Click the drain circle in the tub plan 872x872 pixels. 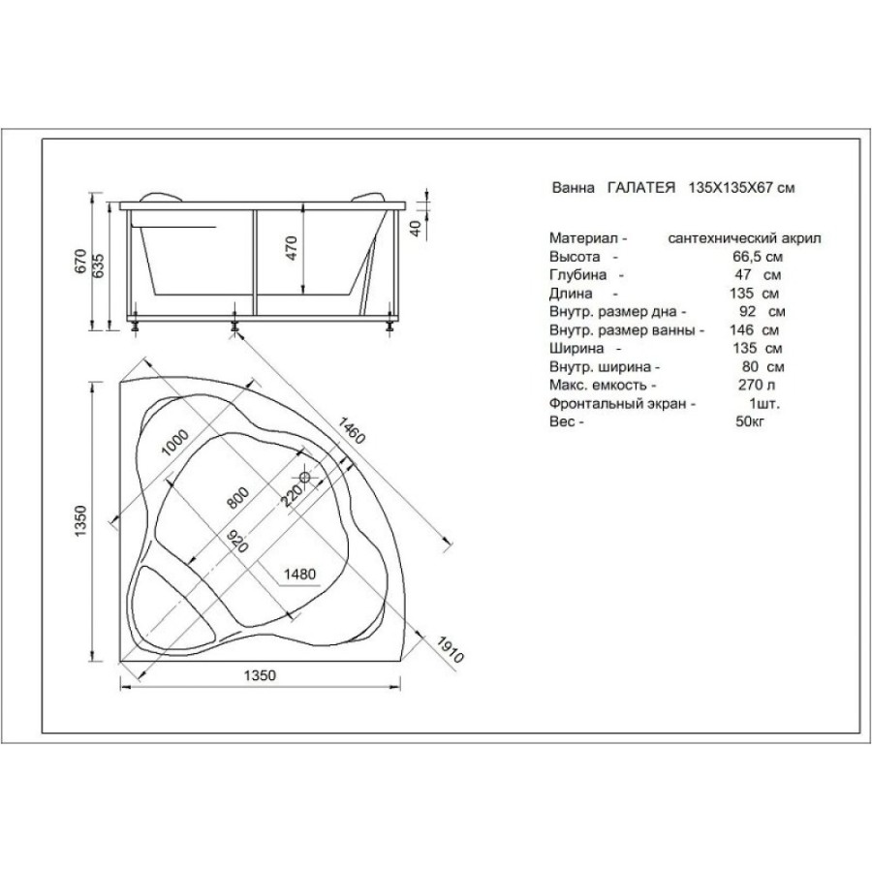[305, 477]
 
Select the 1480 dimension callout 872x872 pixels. [299, 574]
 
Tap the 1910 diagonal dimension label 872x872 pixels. [450, 650]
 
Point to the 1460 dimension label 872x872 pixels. [352, 430]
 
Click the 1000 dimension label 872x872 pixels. [174, 443]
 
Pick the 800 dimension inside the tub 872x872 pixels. [238, 498]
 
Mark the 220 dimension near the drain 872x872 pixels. [291, 494]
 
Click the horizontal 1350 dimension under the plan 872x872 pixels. [260, 675]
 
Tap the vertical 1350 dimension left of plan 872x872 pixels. [81, 520]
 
